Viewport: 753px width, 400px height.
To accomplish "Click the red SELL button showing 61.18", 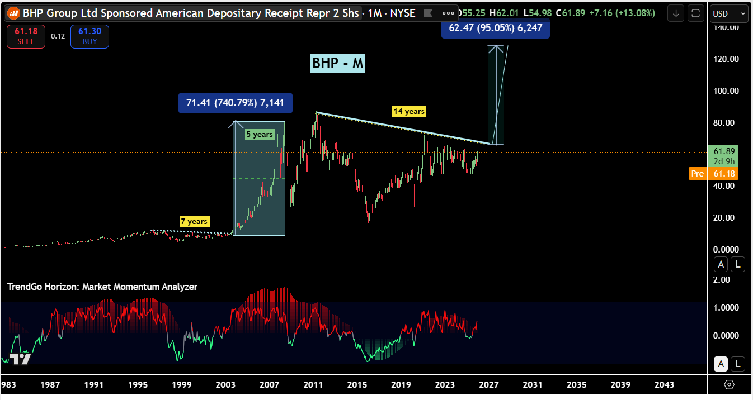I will (26, 37).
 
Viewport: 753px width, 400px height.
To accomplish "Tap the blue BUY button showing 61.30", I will (90, 37).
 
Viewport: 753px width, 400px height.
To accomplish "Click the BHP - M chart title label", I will (338, 64).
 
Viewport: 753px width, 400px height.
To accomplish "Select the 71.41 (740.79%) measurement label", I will (235, 103).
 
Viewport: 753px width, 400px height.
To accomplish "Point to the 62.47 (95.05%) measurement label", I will (495, 28).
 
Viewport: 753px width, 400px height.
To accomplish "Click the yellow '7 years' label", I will (194, 222).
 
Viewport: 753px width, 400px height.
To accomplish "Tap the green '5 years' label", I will (260, 134).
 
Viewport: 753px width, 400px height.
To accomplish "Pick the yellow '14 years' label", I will (409, 112).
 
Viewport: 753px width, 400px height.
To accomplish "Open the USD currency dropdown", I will (728, 13).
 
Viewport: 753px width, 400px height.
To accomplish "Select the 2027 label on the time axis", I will (488, 385).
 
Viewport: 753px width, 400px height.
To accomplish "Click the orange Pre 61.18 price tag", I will (713, 174).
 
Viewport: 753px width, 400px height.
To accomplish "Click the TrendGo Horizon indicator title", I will (102, 287).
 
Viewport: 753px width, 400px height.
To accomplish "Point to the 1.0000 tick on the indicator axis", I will (725, 308).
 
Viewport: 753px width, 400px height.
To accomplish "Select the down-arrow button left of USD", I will (676, 13).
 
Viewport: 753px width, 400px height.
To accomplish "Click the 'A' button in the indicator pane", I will (721, 364).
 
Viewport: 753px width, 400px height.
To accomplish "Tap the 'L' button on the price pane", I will (738, 265).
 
